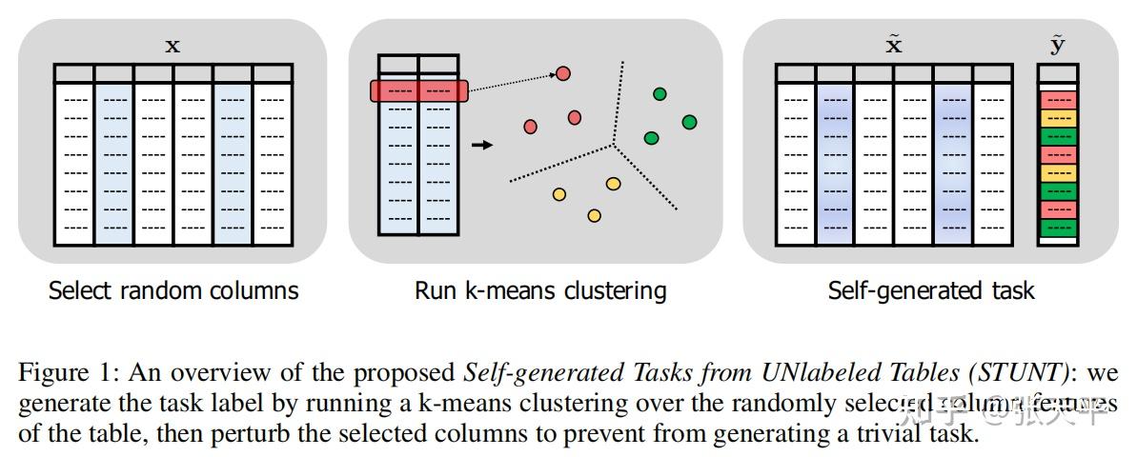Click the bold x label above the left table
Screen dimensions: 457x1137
tap(173, 45)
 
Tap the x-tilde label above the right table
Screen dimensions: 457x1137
tap(894, 44)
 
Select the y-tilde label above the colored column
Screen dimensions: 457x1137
tap(1057, 44)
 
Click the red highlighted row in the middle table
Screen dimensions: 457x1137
tap(418, 91)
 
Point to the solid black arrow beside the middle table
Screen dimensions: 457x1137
tap(483, 145)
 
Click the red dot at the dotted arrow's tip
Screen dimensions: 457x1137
tap(563, 73)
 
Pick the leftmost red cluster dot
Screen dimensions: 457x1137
tap(531, 126)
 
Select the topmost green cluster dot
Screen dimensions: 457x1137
tap(660, 93)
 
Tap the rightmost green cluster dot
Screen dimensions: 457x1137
tap(689, 122)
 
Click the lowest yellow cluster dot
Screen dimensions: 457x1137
tap(594, 216)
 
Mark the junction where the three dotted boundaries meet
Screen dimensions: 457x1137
tap(613, 146)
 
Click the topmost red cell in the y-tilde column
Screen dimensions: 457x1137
tap(1058, 99)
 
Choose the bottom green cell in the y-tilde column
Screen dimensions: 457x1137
tap(1058, 228)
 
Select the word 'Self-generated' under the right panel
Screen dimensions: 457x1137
tap(889, 290)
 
